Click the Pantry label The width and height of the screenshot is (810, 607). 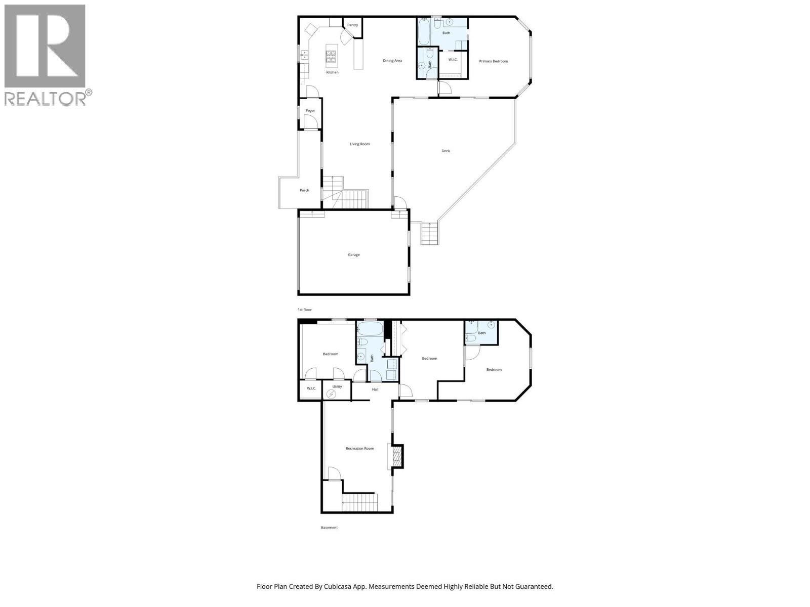tap(353, 25)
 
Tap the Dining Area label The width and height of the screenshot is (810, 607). tap(392, 61)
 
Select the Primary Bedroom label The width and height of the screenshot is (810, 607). tap(493, 61)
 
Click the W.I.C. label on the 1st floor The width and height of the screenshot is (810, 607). tap(453, 60)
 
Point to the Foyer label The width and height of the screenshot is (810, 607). tap(310, 111)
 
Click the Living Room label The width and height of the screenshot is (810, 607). tap(359, 144)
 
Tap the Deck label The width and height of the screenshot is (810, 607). tap(445, 151)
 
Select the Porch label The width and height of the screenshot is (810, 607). tap(304, 191)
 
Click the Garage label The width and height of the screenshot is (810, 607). tap(353, 255)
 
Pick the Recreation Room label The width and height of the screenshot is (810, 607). tap(359, 449)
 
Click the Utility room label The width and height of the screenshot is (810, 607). tap(337, 386)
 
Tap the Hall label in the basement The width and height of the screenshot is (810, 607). tap(375, 389)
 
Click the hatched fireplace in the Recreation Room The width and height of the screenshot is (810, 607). tap(397, 456)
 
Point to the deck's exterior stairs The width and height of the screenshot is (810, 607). tap(429, 234)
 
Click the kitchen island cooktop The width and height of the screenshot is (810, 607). tap(332, 56)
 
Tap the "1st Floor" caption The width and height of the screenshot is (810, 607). tap(304, 310)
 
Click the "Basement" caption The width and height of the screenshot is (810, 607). tap(329, 528)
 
